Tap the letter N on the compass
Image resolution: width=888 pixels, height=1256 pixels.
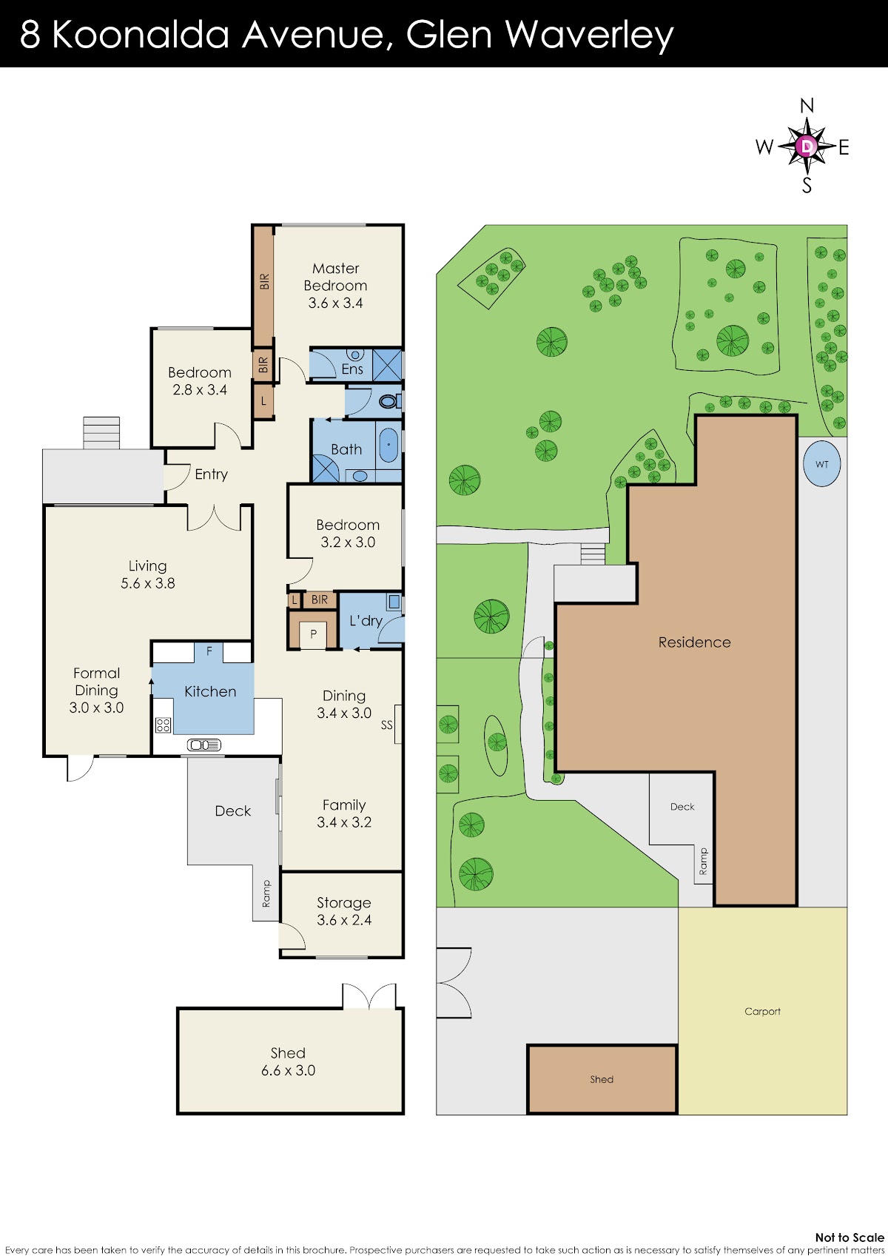point(807,105)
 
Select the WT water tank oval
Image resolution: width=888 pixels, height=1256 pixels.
point(821,464)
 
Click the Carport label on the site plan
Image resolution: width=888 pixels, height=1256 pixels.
point(762,1011)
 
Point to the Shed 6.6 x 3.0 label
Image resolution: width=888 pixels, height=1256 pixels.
point(288,1061)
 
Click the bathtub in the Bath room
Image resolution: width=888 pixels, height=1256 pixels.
point(388,446)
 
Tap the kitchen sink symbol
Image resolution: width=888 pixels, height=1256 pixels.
point(204,745)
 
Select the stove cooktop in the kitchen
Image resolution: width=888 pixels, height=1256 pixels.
point(163,725)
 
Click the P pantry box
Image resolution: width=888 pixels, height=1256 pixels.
point(313,634)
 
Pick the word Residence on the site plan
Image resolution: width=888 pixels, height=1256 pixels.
point(695,642)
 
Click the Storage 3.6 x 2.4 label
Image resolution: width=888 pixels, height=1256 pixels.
point(343,911)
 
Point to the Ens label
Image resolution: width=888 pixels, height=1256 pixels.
point(352,369)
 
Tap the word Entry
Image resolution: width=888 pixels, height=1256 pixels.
point(212,474)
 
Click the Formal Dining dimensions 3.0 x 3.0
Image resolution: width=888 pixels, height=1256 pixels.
point(96,707)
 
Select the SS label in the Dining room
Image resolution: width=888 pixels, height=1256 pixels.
point(386,725)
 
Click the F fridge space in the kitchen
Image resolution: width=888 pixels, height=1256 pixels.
point(209,652)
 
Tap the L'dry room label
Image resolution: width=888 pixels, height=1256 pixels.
point(366,621)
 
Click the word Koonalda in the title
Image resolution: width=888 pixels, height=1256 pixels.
point(141,34)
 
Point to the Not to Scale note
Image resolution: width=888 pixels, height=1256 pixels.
point(850,1237)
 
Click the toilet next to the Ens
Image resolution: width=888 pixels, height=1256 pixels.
point(389,401)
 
